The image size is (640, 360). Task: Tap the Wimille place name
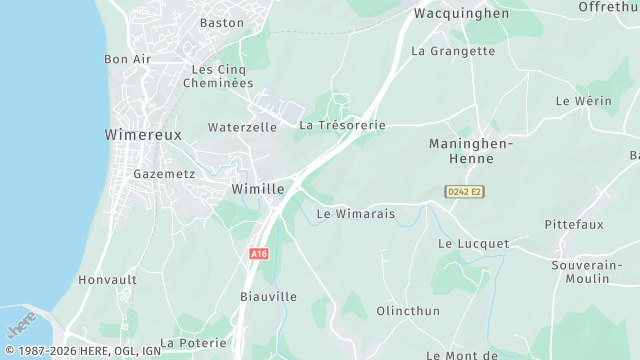[x=258, y=188]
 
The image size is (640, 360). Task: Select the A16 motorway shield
[x=259, y=254]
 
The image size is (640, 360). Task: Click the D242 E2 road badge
[x=464, y=191]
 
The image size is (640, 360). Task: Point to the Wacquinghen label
[x=461, y=14]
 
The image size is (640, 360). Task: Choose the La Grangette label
[x=453, y=51]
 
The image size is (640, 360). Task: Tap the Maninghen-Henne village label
[x=470, y=151]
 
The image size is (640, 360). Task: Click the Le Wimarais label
[x=355, y=214]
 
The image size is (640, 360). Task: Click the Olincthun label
[x=407, y=311]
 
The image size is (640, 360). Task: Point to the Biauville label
[x=268, y=297]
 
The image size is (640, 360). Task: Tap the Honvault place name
[x=107, y=280]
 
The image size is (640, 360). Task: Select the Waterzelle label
[x=242, y=128]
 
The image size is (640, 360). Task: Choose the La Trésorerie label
[x=342, y=126]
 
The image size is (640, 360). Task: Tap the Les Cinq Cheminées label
[x=218, y=76]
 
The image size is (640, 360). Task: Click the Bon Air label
[x=127, y=59]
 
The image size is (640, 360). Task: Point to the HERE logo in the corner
[x=22, y=326]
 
